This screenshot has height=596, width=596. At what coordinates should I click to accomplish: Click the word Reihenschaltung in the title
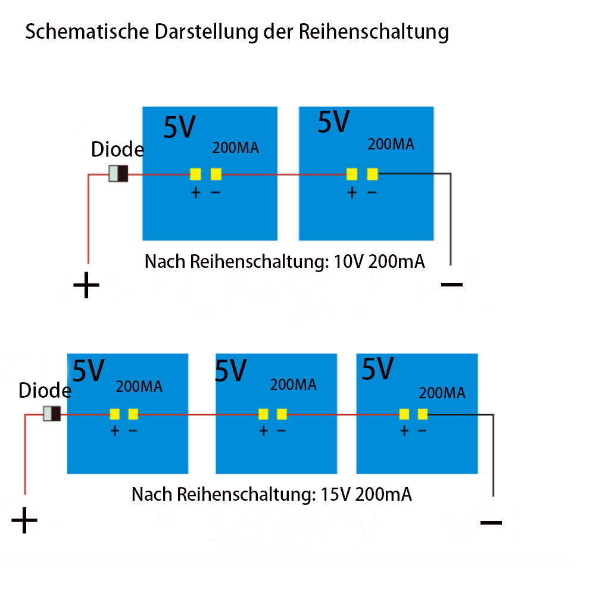pos(374,32)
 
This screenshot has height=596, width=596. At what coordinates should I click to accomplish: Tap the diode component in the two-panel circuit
pos(118,174)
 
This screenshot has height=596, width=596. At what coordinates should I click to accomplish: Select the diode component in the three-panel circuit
pos(52,414)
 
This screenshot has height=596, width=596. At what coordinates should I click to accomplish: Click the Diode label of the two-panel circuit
pos(117,149)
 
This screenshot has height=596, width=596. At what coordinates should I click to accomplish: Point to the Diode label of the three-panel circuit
pos(45,391)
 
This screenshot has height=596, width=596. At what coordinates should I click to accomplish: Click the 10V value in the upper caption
pos(349,262)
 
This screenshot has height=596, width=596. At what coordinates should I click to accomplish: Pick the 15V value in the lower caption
pos(336,495)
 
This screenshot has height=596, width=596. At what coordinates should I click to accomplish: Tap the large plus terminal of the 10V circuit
pos(86,285)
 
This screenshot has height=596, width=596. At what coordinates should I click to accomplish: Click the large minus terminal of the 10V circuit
pos(452,285)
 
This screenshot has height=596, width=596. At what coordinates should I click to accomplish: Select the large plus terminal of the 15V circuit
pos(24,520)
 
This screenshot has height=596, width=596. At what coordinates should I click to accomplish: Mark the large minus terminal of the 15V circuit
pos(491,523)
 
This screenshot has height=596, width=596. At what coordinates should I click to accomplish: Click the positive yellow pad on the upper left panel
pos(195,174)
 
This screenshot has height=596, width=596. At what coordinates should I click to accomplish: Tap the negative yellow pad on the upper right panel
pos(373,174)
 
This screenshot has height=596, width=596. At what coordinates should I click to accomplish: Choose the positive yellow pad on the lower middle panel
pos(263,414)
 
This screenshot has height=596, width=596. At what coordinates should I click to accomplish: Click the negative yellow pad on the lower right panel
pos(423,414)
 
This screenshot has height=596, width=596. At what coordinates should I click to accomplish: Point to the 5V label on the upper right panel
pos(333,122)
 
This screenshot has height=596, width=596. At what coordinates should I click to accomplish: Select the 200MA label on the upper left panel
pos(236,148)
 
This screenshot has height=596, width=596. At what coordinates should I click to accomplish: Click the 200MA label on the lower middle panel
pos(294,385)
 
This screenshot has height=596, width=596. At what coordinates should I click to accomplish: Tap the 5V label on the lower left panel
pos(88,370)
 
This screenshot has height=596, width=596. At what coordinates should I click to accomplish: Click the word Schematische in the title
pos(87,32)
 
